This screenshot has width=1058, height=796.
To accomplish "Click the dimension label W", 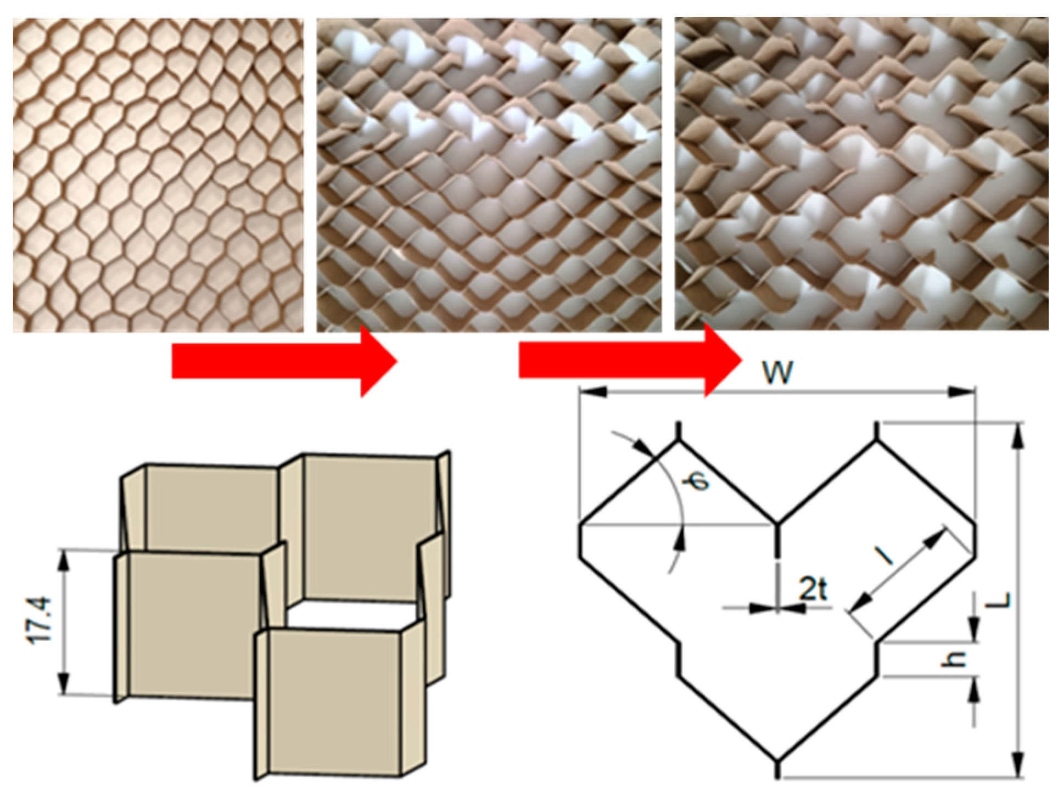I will coord(778,373).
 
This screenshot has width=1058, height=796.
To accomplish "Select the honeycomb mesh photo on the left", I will coord(158,175).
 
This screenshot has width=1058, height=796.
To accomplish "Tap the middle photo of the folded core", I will coord(489,175).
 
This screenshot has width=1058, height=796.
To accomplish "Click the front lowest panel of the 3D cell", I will coord(335,703).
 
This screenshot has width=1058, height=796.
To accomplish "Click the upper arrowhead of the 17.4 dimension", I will coord(64,559).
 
